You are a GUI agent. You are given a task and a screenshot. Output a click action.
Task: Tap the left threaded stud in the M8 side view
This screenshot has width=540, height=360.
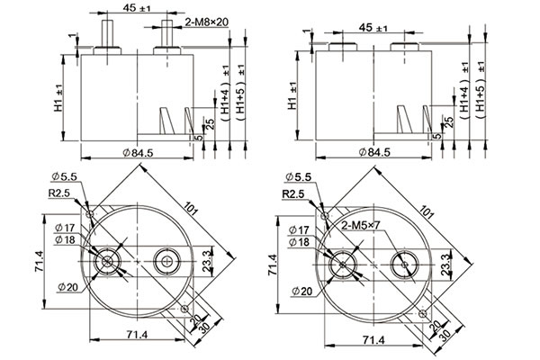pos(108,32)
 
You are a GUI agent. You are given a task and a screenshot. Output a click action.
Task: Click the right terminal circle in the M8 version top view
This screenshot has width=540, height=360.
pos(166,262)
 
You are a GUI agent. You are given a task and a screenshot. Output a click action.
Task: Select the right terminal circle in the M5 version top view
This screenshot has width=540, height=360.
pos(402,263)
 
